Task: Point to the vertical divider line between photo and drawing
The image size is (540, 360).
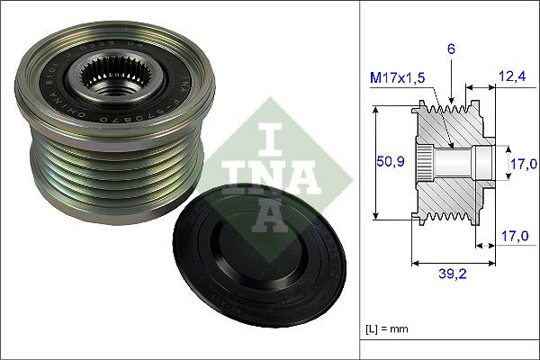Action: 359,180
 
